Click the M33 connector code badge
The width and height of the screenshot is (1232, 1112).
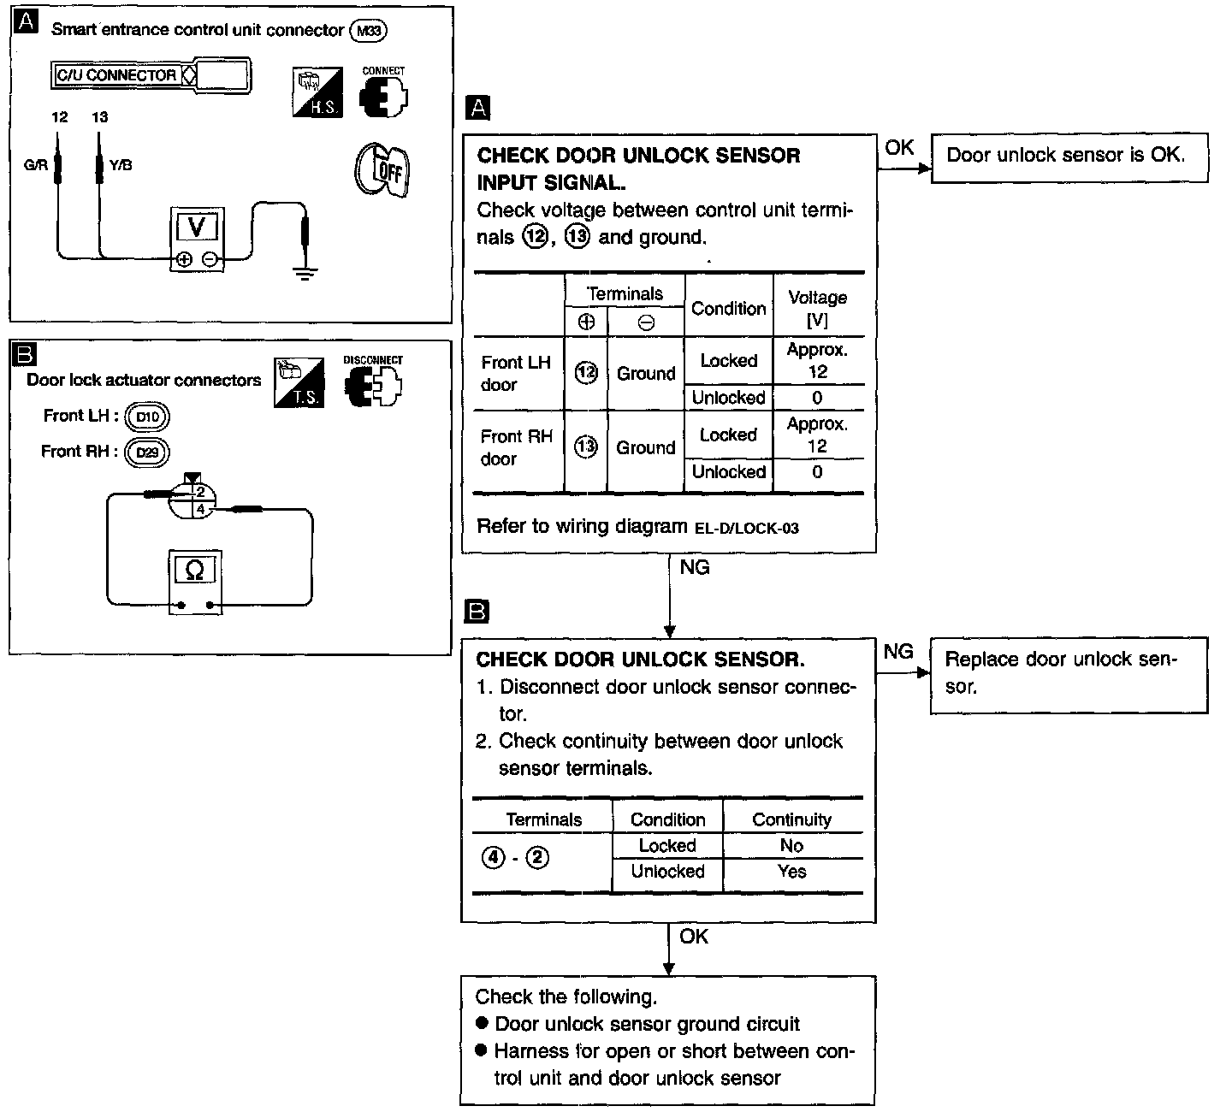369,31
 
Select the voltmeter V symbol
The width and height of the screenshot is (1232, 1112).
197,227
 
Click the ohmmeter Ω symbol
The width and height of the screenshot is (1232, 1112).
194,570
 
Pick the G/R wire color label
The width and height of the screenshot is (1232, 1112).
35,164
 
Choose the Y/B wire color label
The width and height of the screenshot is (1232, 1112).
121,164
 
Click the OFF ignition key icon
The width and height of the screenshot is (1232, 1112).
382,169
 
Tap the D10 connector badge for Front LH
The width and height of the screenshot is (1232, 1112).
147,417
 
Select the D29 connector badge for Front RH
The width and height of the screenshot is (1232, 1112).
147,452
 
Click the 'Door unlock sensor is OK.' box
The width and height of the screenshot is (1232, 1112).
1069,157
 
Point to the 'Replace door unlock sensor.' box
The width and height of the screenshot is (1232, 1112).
1069,674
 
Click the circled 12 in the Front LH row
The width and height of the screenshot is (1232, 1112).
586,373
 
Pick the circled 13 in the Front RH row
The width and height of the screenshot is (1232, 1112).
586,447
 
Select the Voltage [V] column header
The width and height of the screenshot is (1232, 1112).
817,308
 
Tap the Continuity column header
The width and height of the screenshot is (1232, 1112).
791,819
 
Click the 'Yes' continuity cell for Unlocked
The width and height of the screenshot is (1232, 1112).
791,872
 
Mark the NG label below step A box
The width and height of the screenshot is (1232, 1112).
694,567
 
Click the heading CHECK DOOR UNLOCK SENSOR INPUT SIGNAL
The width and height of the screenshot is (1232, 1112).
638,169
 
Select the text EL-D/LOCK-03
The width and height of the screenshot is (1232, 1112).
746,528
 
